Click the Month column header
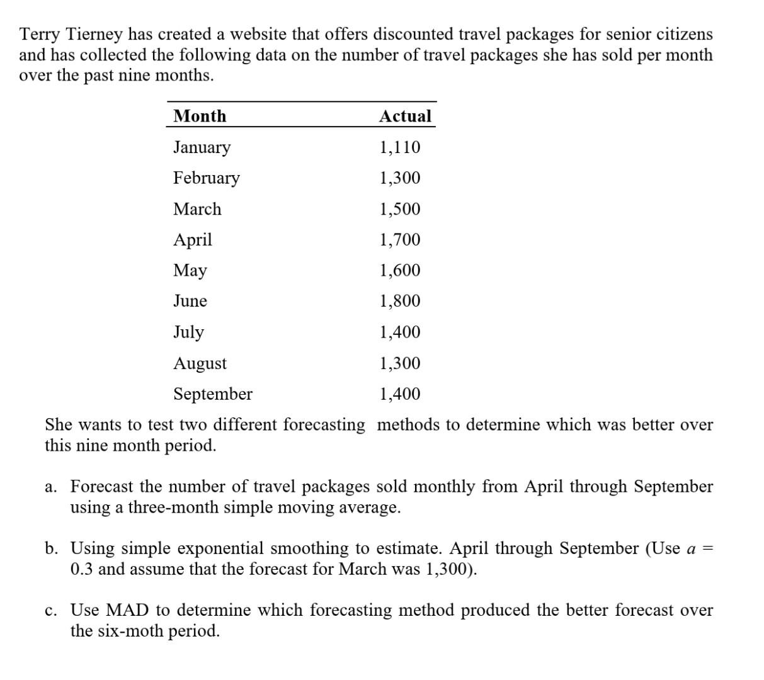[200, 116]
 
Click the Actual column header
[405, 116]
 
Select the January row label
[202, 147]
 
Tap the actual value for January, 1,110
[399, 147]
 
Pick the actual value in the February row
[399, 178]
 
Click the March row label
[197, 209]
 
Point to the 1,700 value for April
[399, 240]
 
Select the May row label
[190, 271]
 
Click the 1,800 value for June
[399, 301]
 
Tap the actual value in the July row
[399, 332]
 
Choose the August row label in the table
[200, 363]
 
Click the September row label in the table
[213, 394]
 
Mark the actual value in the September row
[399, 394]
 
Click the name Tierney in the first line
[94, 34]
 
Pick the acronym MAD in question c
[127, 610]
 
